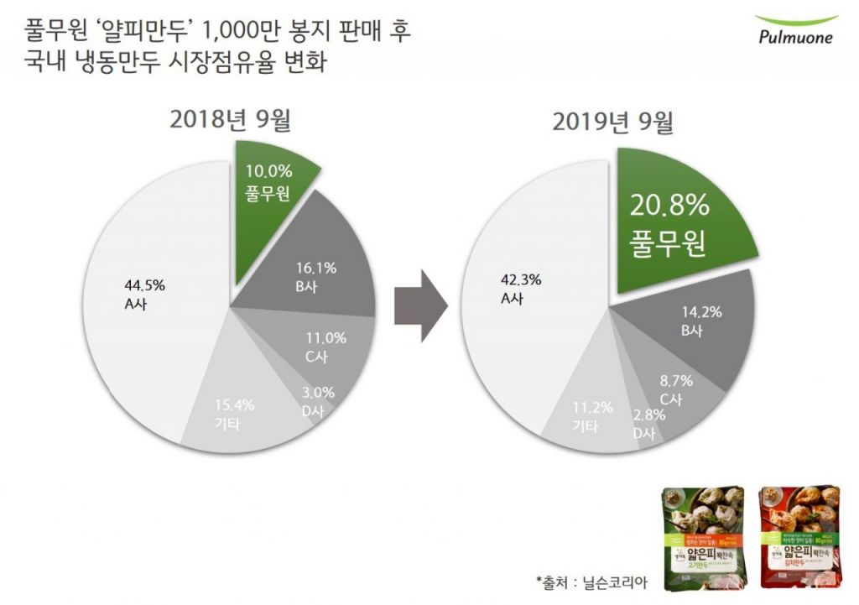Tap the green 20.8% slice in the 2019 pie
[678, 222]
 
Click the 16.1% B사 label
[316, 277]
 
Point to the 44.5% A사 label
[138, 294]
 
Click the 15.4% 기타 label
[233, 414]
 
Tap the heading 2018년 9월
[230, 120]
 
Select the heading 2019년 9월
[612, 123]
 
